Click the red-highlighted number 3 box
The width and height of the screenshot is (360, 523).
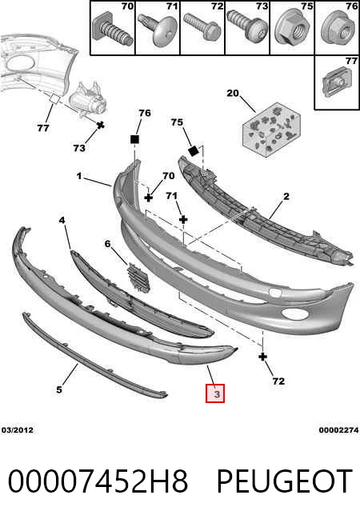tap(215, 393)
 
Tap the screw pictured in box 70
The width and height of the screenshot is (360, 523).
tap(112, 30)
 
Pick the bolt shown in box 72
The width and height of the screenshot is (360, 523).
tap(202, 26)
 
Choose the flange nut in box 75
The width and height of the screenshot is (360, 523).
tap(292, 26)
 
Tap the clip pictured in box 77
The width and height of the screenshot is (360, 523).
tap(336, 82)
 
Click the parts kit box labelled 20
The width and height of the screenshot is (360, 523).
tap(271, 130)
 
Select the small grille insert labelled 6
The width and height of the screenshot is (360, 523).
tap(138, 277)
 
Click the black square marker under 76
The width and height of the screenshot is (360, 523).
tap(134, 139)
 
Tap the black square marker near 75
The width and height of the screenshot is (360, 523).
tap(194, 151)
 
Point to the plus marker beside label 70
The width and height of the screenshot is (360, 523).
tap(149, 198)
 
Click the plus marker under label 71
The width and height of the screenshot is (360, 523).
tap(183, 219)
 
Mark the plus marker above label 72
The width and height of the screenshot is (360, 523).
tap(263, 357)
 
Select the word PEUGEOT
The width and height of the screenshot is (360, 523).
tap(285, 481)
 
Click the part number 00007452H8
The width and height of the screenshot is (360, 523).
tap(98, 481)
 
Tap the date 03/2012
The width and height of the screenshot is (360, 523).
tap(18, 430)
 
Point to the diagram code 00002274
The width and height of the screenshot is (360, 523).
tap(339, 430)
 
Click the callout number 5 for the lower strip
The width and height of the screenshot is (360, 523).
tap(59, 389)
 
